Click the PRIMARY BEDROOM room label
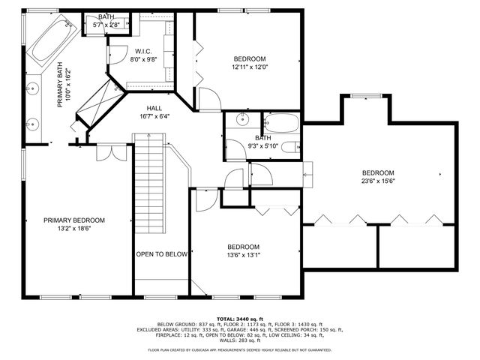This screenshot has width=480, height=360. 73,220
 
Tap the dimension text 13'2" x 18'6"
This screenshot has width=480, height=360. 73,229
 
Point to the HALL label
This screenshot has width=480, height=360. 154,108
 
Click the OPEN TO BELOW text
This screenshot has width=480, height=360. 161,254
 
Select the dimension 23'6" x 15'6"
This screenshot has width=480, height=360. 378,180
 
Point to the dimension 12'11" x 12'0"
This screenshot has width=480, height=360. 250,67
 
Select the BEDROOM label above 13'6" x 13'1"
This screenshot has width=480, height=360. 244,247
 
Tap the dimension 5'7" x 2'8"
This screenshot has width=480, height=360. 106,25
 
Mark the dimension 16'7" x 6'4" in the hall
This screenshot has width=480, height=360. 154,116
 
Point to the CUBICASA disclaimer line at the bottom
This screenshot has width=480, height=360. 239,349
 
